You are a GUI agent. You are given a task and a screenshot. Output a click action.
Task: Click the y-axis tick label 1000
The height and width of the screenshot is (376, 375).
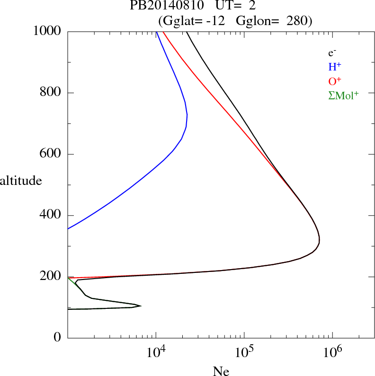(47, 32)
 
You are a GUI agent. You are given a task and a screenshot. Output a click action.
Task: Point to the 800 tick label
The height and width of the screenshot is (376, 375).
(51, 93)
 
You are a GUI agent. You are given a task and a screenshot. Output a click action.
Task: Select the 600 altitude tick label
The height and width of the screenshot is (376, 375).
(51, 154)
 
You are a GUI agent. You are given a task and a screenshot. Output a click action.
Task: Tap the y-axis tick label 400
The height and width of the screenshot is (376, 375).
(51, 215)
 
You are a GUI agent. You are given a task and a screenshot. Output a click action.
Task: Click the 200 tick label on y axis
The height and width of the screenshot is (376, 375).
(51, 277)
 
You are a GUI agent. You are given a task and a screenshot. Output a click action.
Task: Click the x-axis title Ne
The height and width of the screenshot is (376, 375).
(221, 371)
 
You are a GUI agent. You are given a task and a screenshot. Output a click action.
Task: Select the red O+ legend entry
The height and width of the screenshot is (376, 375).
(335, 81)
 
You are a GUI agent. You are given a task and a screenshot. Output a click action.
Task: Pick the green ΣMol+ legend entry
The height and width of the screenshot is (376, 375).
(343, 96)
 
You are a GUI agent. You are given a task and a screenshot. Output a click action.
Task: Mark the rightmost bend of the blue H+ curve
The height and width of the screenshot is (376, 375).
(187, 115)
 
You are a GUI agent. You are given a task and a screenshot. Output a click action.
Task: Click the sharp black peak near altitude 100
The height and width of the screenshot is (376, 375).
(141, 306)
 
